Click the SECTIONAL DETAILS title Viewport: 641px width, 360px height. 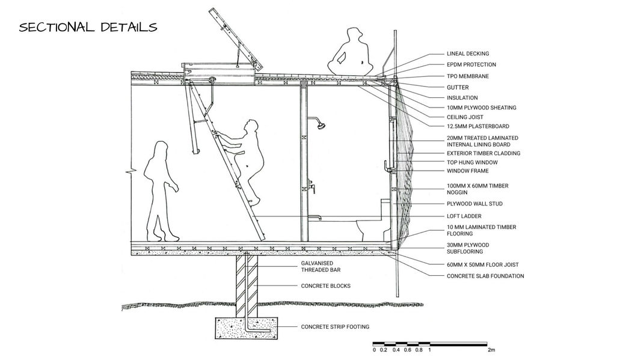(88, 28)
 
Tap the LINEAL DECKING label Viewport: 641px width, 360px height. (467, 53)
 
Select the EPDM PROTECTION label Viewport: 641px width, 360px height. (471, 64)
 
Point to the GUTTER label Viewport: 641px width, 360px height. (457, 87)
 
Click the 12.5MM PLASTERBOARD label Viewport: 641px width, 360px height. (477, 126)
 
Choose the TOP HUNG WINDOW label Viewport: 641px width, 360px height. (471, 162)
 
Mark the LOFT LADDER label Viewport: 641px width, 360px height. (464, 216)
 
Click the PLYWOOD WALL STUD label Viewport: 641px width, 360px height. (474, 204)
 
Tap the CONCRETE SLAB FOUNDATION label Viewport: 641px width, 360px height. (485, 276)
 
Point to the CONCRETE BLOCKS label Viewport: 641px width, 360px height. (325, 285)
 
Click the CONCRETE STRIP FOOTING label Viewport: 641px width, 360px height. (335, 327)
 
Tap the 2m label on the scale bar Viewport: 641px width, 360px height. (491, 350)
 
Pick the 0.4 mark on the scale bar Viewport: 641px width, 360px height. (396, 350)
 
